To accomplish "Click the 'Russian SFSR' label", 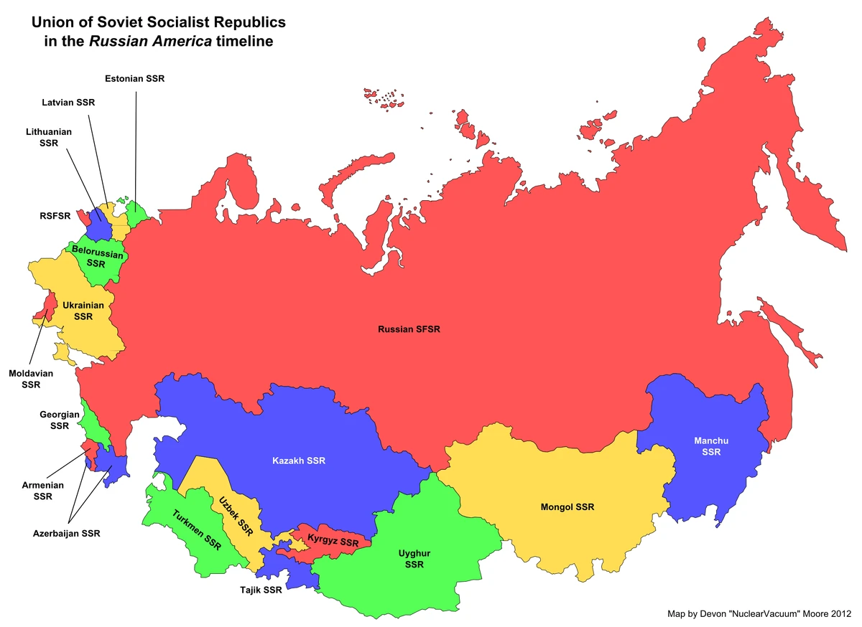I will [409, 329].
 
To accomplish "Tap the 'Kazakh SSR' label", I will [298, 460].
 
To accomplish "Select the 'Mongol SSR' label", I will [567, 507].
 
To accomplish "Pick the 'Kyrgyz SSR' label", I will [333, 542].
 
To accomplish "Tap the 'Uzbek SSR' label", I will [236, 516].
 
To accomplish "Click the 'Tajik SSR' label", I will [261, 591].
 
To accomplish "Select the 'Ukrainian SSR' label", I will [83, 311].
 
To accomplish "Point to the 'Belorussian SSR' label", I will [96, 258].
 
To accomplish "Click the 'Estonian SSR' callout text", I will [134, 78].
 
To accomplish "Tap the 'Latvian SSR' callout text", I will [68, 103].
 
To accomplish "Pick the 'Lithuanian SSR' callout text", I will [49, 137].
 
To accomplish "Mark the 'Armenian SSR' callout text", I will [43, 491].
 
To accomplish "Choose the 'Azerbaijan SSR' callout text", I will [67, 533].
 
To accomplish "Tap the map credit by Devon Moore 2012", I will [758, 614].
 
